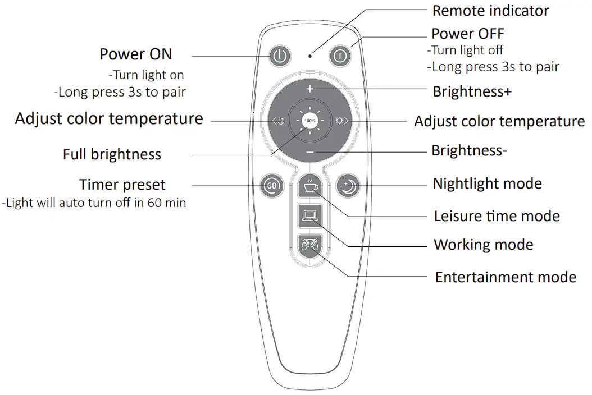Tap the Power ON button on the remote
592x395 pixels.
(x=280, y=56)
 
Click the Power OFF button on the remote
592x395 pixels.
(x=340, y=56)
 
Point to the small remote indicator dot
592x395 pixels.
(x=310, y=56)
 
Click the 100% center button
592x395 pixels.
(x=309, y=121)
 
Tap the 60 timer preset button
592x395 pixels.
(x=272, y=185)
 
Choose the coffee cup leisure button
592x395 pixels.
(x=309, y=185)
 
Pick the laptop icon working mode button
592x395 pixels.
(x=309, y=216)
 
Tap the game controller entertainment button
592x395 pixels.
(x=309, y=246)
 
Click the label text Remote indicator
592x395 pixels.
(x=490, y=11)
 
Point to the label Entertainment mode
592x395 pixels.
(x=506, y=277)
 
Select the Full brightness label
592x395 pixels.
(x=112, y=154)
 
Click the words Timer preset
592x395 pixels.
(x=122, y=185)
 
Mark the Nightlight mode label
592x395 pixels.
(x=487, y=183)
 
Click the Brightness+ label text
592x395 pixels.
(x=472, y=91)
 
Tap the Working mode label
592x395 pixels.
(x=483, y=245)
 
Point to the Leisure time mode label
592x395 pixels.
(x=497, y=216)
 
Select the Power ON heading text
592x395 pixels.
(x=136, y=54)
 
